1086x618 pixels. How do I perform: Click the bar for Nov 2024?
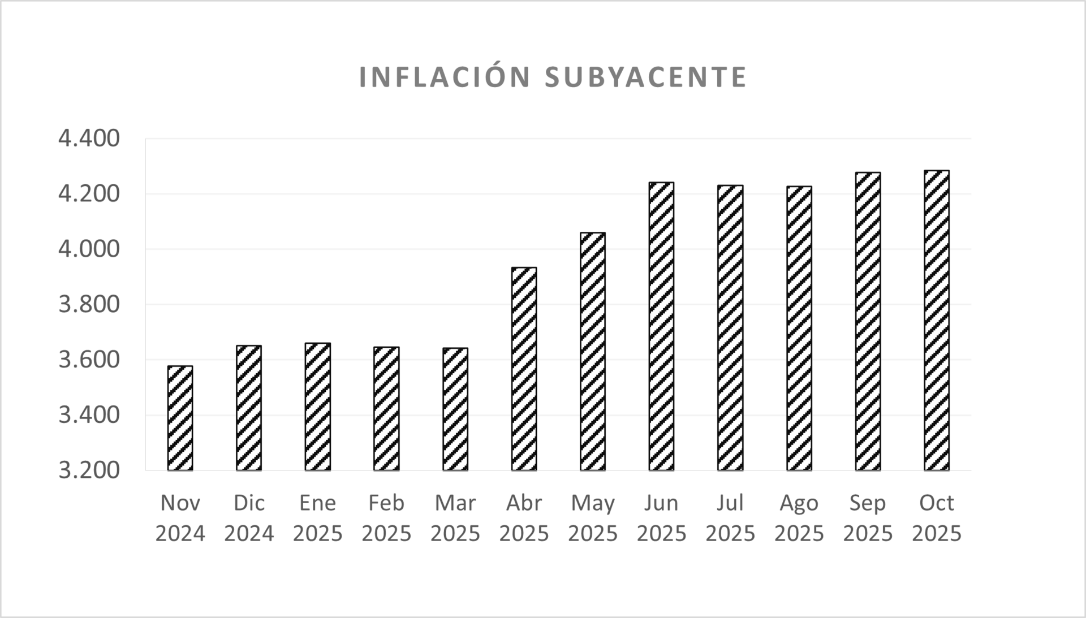pos(180,418)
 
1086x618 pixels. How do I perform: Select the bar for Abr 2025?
pos(524,369)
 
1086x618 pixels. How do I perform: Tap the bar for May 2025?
pos(593,351)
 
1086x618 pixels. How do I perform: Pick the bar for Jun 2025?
pos(661,326)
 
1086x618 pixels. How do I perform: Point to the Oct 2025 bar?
pos(937,320)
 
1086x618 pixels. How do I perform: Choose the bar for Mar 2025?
pos(455,409)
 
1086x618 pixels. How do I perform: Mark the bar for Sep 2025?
pos(868,321)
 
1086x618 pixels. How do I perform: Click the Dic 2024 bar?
pos(249,408)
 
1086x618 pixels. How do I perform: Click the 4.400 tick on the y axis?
pos(89,139)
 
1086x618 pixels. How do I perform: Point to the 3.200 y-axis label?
pos(89,470)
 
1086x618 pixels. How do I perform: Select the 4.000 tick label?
pos(89,249)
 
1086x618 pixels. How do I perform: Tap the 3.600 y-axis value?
pos(89,360)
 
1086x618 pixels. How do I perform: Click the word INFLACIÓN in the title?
pos(445,77)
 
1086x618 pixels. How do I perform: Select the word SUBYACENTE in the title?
pos(646,77)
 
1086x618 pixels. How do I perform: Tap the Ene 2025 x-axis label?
pos(317,518)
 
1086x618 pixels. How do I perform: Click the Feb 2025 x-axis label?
pos(386,518)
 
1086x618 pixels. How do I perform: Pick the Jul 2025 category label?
pos(730,518)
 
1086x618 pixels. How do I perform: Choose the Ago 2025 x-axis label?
pos(799,518)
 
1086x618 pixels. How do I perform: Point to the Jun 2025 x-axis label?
pos(661,518)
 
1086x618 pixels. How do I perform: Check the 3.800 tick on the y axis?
pos(89,304)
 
